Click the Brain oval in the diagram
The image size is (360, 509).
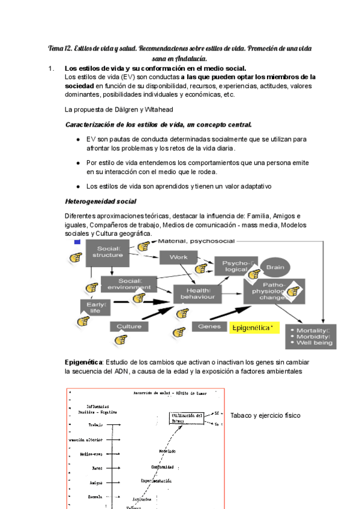pyautogui.click(x=275, y=268)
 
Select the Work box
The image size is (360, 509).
pyautogui.click(x=178, y=257)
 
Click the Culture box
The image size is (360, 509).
pyautogui.click(x=129, y=327)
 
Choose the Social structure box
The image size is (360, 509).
pyautogui.click(x=107, y=252)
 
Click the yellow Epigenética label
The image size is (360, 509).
pyautogui.click(x=252, y=328)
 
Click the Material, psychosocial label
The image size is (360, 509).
pyautogui.click(x=196, y=241)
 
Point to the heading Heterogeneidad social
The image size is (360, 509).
pyautogui.click(x=100, y=201)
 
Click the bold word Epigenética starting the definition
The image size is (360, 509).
pyautogui.click(x=84, y=363)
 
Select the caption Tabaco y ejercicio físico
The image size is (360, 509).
pyautogui.click(x=265, y=415)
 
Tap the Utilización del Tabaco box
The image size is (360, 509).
pyautogui.click(x=187, y=418)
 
